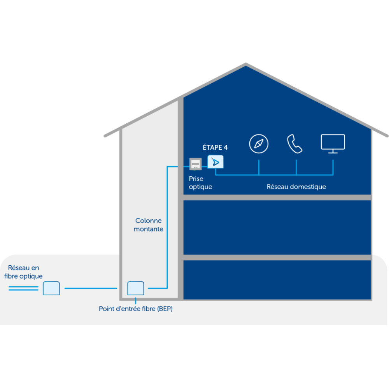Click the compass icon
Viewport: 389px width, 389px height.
259,144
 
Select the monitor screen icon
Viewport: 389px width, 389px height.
333,143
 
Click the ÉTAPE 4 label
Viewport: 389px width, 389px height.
215,147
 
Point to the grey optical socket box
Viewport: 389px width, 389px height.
195,164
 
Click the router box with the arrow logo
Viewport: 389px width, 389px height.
216,162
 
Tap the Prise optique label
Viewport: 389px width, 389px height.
200,183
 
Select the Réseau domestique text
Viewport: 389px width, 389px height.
296,187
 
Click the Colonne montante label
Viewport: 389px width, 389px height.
149,225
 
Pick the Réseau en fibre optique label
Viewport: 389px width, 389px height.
24,272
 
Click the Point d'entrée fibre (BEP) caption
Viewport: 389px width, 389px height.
135,309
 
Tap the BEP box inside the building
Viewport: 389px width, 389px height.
136,288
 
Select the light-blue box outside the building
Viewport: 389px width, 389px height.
51,288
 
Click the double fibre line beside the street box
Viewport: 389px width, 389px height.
23,288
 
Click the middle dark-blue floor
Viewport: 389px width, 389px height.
277,228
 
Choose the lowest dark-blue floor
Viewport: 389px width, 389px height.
277,280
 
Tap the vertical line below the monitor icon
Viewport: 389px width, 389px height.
333,166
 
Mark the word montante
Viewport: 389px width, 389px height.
149,229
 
